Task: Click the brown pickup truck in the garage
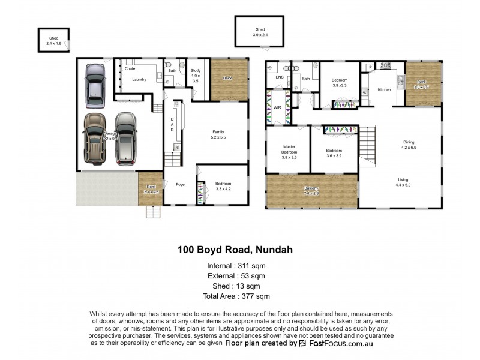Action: coord(94,138)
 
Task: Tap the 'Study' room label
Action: coord(195,71)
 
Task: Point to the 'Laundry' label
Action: coord(139,79)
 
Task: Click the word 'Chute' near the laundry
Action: coord(130,68)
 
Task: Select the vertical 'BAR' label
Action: coord(172,124)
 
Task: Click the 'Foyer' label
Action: coord(181,185)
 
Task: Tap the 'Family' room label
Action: coord(218,131)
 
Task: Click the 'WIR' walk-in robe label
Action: coord(277,108)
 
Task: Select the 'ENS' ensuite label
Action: coord(279,77)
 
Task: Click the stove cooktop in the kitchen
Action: coord(385,65)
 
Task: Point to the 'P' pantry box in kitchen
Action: coord(370,67)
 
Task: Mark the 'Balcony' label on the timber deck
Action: coord(311,190)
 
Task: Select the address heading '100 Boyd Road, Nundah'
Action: coord(235,249)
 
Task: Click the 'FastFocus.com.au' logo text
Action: coord(336,344)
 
